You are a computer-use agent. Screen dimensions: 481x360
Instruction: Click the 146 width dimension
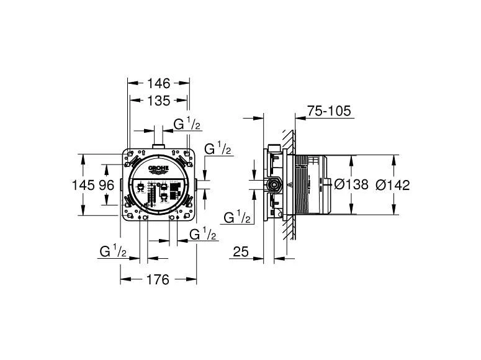pyautogui.click(x=159, y=83)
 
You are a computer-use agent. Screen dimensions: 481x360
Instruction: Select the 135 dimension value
pyautogui.click(x=159, y=101)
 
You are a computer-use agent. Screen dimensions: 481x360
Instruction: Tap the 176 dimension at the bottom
pyautogui.click(x=158, y=279)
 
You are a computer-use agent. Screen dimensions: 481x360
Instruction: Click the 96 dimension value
pyautogui.click(x=107, y=185)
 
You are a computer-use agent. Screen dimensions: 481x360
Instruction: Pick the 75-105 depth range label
pyautogui.click(x=329, y=110)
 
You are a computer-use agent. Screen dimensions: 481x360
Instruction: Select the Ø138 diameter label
pyautogui.click(x=351, y=184)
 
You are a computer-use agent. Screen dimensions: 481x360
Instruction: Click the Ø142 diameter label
pyautogui.click(x=393, y=185)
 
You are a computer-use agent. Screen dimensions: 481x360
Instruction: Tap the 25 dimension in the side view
pyautogui.click(x=241, y=251)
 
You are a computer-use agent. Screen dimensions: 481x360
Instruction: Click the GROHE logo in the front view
pyautogui.click(x=159, y=168)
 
